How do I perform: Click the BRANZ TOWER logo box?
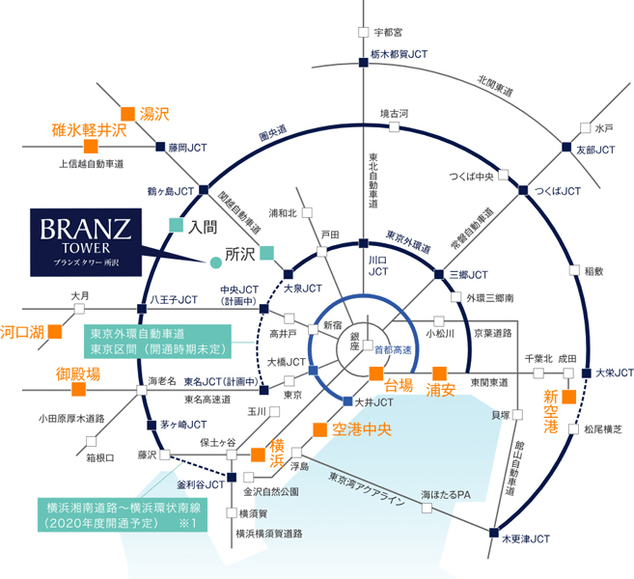coord(86,242)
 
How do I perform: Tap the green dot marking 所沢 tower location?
coord(216,262)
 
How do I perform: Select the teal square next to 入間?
coord(176,225)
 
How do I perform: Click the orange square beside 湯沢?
coord(127,114)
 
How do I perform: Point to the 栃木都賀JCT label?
coord(399,54)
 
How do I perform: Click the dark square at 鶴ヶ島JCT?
coord(204,189)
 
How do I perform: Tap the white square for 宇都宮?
coord(364,32)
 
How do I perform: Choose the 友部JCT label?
coord(595,150)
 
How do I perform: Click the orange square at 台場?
coord(376,373)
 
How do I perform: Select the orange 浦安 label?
coord(440,390)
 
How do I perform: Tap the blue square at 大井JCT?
coord(347,401)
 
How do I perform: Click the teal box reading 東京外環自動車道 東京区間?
coord(157,342)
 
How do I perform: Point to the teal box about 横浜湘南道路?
coord(123,515)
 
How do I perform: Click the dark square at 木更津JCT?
coord(494,533)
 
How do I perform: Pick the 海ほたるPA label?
coord(446,495)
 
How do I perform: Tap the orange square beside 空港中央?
coord(319,429)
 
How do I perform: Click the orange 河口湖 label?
coord(22,332)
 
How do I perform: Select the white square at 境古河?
coord(395,127)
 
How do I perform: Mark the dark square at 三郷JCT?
coord(439,274)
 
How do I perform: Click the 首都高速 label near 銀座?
coord(393,349)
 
